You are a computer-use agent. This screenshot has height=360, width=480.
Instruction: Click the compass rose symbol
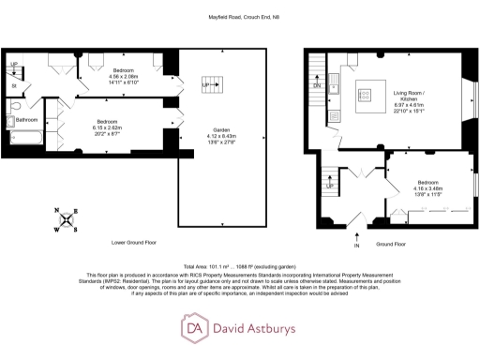(63, 219)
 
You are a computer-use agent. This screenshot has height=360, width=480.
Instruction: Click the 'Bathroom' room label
(27, 119)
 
